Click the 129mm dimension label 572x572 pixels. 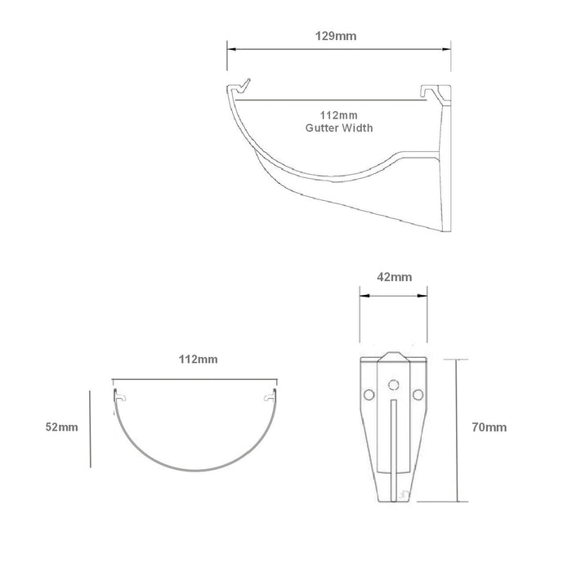tap(339, 36)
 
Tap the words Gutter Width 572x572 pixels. tap(339, 128)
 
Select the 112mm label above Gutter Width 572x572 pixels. tap(339, 116)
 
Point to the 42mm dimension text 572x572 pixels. tap(394, 278)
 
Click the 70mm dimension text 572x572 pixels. tap(488, 427)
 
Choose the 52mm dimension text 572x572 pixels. tap(61, 427)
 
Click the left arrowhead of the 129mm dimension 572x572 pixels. tap(230, 50)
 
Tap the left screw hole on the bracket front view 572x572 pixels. tap(368, 395)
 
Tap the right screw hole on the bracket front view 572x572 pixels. tap(418, 395)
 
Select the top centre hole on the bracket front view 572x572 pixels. tap(393, 383)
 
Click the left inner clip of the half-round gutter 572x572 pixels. tap(121, 397)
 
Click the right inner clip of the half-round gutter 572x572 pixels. tap(268, 397)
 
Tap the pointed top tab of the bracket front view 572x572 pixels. tap(393, 357)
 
